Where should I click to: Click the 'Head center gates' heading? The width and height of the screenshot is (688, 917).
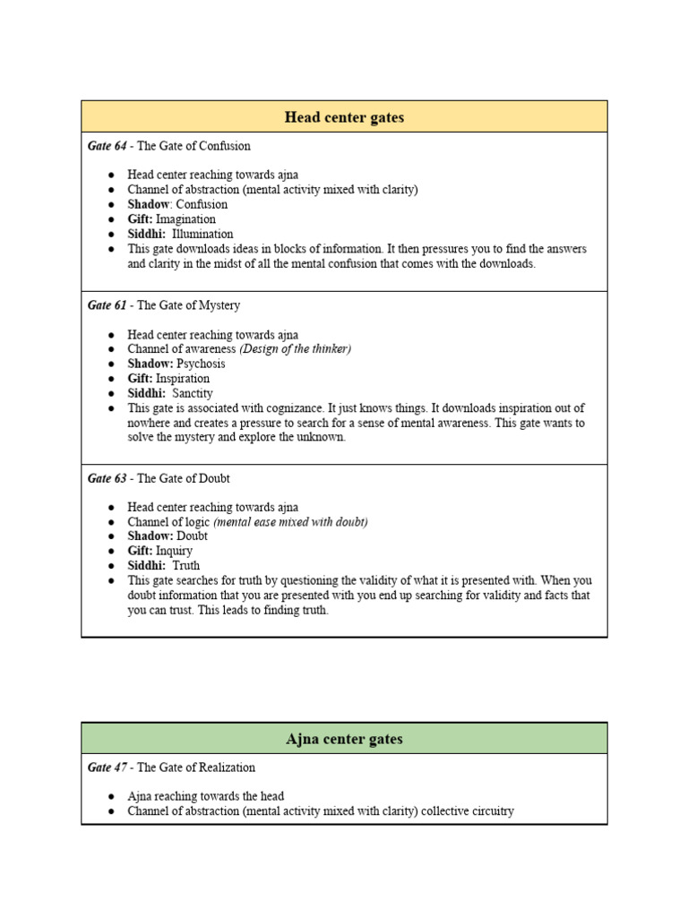[344, 117]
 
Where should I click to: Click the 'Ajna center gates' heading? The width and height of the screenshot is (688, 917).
[344, 739]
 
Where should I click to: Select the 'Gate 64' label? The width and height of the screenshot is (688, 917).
[107, 146]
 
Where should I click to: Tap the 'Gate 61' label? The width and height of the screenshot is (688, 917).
[107, 305]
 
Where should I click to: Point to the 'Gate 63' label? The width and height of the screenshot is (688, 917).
[107, 478]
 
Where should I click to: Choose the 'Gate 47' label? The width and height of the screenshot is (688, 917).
[107, 767]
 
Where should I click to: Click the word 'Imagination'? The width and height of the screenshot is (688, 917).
[186, 219]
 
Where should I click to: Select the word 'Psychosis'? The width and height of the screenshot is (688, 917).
[202, 364]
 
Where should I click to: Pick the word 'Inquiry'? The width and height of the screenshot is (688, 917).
[174, 551]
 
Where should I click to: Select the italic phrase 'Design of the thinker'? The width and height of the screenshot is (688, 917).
[296, 349]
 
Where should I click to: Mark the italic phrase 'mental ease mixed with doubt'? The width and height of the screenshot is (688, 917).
[291, 522]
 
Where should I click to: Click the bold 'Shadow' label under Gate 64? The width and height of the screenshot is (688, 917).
[148, 204]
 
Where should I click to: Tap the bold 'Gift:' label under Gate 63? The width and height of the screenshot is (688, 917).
[140, 551]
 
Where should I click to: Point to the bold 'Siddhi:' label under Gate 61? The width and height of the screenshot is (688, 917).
[146, 393]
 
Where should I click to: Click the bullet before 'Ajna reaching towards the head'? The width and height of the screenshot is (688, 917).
[110, 796]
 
